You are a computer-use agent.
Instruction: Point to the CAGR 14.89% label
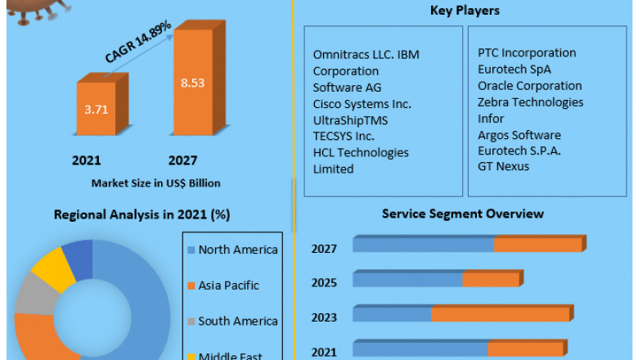[137, 43]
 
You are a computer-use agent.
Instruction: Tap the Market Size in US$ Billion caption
[155, 182]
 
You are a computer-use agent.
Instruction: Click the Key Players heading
[465, 11]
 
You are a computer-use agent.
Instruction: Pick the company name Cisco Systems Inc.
[362, 104]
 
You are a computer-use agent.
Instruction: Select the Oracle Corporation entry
[530, 86]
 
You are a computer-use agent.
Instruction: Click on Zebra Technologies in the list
[530, 102]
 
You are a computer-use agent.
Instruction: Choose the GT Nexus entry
[503, 166]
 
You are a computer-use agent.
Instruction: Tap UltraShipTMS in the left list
[350, 120]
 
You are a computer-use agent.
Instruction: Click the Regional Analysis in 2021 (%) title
[142, 214]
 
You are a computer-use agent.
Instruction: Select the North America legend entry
[237, 250]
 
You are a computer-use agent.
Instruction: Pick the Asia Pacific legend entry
[228, 286]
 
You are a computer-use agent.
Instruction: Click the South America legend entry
[237, 322]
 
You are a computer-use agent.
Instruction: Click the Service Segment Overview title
[463, 214]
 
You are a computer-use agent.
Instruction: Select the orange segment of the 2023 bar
[500, 315]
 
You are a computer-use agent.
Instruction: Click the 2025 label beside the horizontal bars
[324, 282]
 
